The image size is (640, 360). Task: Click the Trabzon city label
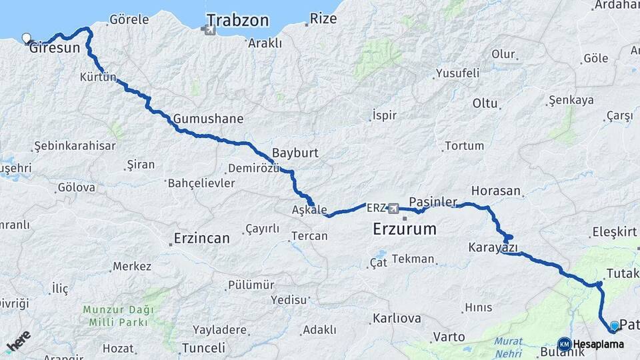237,20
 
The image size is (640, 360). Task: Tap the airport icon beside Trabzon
209,30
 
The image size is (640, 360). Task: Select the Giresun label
58,48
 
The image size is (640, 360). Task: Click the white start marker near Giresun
26,38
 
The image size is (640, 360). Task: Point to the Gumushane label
208,119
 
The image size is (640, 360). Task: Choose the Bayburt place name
295,153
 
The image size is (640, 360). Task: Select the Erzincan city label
201,238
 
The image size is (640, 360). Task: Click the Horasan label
495,191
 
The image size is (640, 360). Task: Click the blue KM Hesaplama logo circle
565,344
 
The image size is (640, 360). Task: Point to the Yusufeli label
457,73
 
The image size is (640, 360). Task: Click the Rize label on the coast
323,19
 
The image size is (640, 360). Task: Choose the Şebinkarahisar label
75,145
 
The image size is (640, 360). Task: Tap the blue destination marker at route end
614,326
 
